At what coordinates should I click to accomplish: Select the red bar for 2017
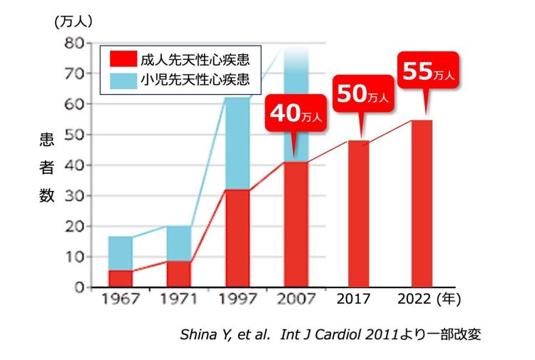coord(359,214)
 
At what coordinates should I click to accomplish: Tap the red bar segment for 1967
coord(121,279)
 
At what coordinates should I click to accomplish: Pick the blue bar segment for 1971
coord(178,244)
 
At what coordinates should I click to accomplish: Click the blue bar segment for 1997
coord(238,143)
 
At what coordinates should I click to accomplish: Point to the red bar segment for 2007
coord(295,225)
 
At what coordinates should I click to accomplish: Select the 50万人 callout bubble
coord(361,96)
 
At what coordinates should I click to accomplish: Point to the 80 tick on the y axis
coord(74,43)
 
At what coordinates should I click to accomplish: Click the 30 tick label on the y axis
coord(74,196)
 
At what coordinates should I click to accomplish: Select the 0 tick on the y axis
coord(78,288)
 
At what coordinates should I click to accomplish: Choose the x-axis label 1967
coord(119,300)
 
